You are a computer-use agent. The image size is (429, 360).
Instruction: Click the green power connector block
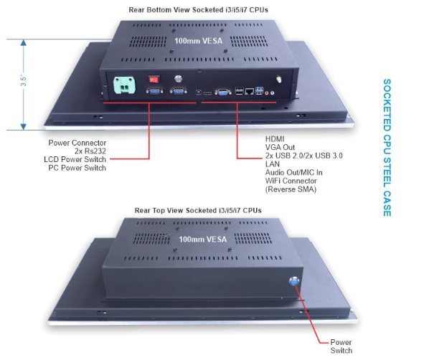coord(124,85)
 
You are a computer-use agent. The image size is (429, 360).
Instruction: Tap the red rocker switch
coord(154,80)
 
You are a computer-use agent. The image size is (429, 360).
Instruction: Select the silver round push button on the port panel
coord(179,79)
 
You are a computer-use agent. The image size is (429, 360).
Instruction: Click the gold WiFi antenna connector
coord(279,80)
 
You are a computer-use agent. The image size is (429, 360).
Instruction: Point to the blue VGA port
coord(223,93)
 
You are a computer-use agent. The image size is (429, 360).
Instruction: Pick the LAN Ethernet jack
coord(249,91)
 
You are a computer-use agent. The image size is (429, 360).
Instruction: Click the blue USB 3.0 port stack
coord(259,90)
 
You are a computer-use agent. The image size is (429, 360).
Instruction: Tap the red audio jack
coord(267,93)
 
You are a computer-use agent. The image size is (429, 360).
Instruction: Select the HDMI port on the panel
coord(207,93)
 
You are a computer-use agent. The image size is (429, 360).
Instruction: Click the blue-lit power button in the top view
coord(294,281)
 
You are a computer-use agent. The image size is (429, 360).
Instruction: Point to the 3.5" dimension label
coord(24,81)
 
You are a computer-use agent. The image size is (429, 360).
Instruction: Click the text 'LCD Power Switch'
coord(75,159)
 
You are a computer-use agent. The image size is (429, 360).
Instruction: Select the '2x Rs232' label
coord(90,151)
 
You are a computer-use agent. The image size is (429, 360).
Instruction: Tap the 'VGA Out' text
coord(280,148)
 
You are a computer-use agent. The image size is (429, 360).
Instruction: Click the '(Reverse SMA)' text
coord(291,189)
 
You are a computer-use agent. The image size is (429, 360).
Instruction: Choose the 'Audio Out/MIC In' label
coord(294,173)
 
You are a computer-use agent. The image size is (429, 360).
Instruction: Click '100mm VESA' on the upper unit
coord(198,41)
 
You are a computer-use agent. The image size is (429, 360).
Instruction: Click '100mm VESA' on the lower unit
coord(203,240)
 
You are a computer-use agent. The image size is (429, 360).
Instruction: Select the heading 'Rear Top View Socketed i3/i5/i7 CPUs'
coord(198,210)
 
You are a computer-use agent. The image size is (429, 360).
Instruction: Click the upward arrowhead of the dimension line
coord(24,42)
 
